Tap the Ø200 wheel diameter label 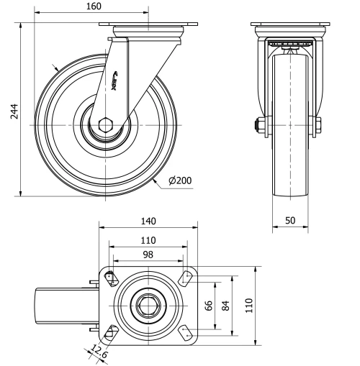click(x=181, y=180)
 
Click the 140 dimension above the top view click(x=148, y=221)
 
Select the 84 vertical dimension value click(x=226, y=306)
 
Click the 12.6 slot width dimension click(x=99, y=352)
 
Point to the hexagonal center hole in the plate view click(x=148, y=305)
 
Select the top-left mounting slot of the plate click(x=109, y=278)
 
